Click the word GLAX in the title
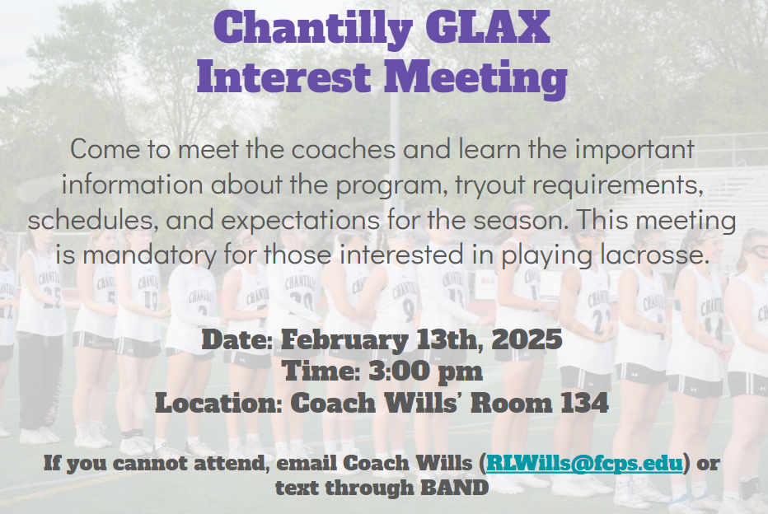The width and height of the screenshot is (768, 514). [487, 27]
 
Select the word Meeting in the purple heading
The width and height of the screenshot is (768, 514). [475, 79]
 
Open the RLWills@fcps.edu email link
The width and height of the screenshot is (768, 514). [584, 463]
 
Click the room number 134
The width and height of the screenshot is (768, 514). [585, 403]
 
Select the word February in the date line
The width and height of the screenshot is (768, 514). [344, 340]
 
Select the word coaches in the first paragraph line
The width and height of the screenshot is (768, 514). [344, 149]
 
